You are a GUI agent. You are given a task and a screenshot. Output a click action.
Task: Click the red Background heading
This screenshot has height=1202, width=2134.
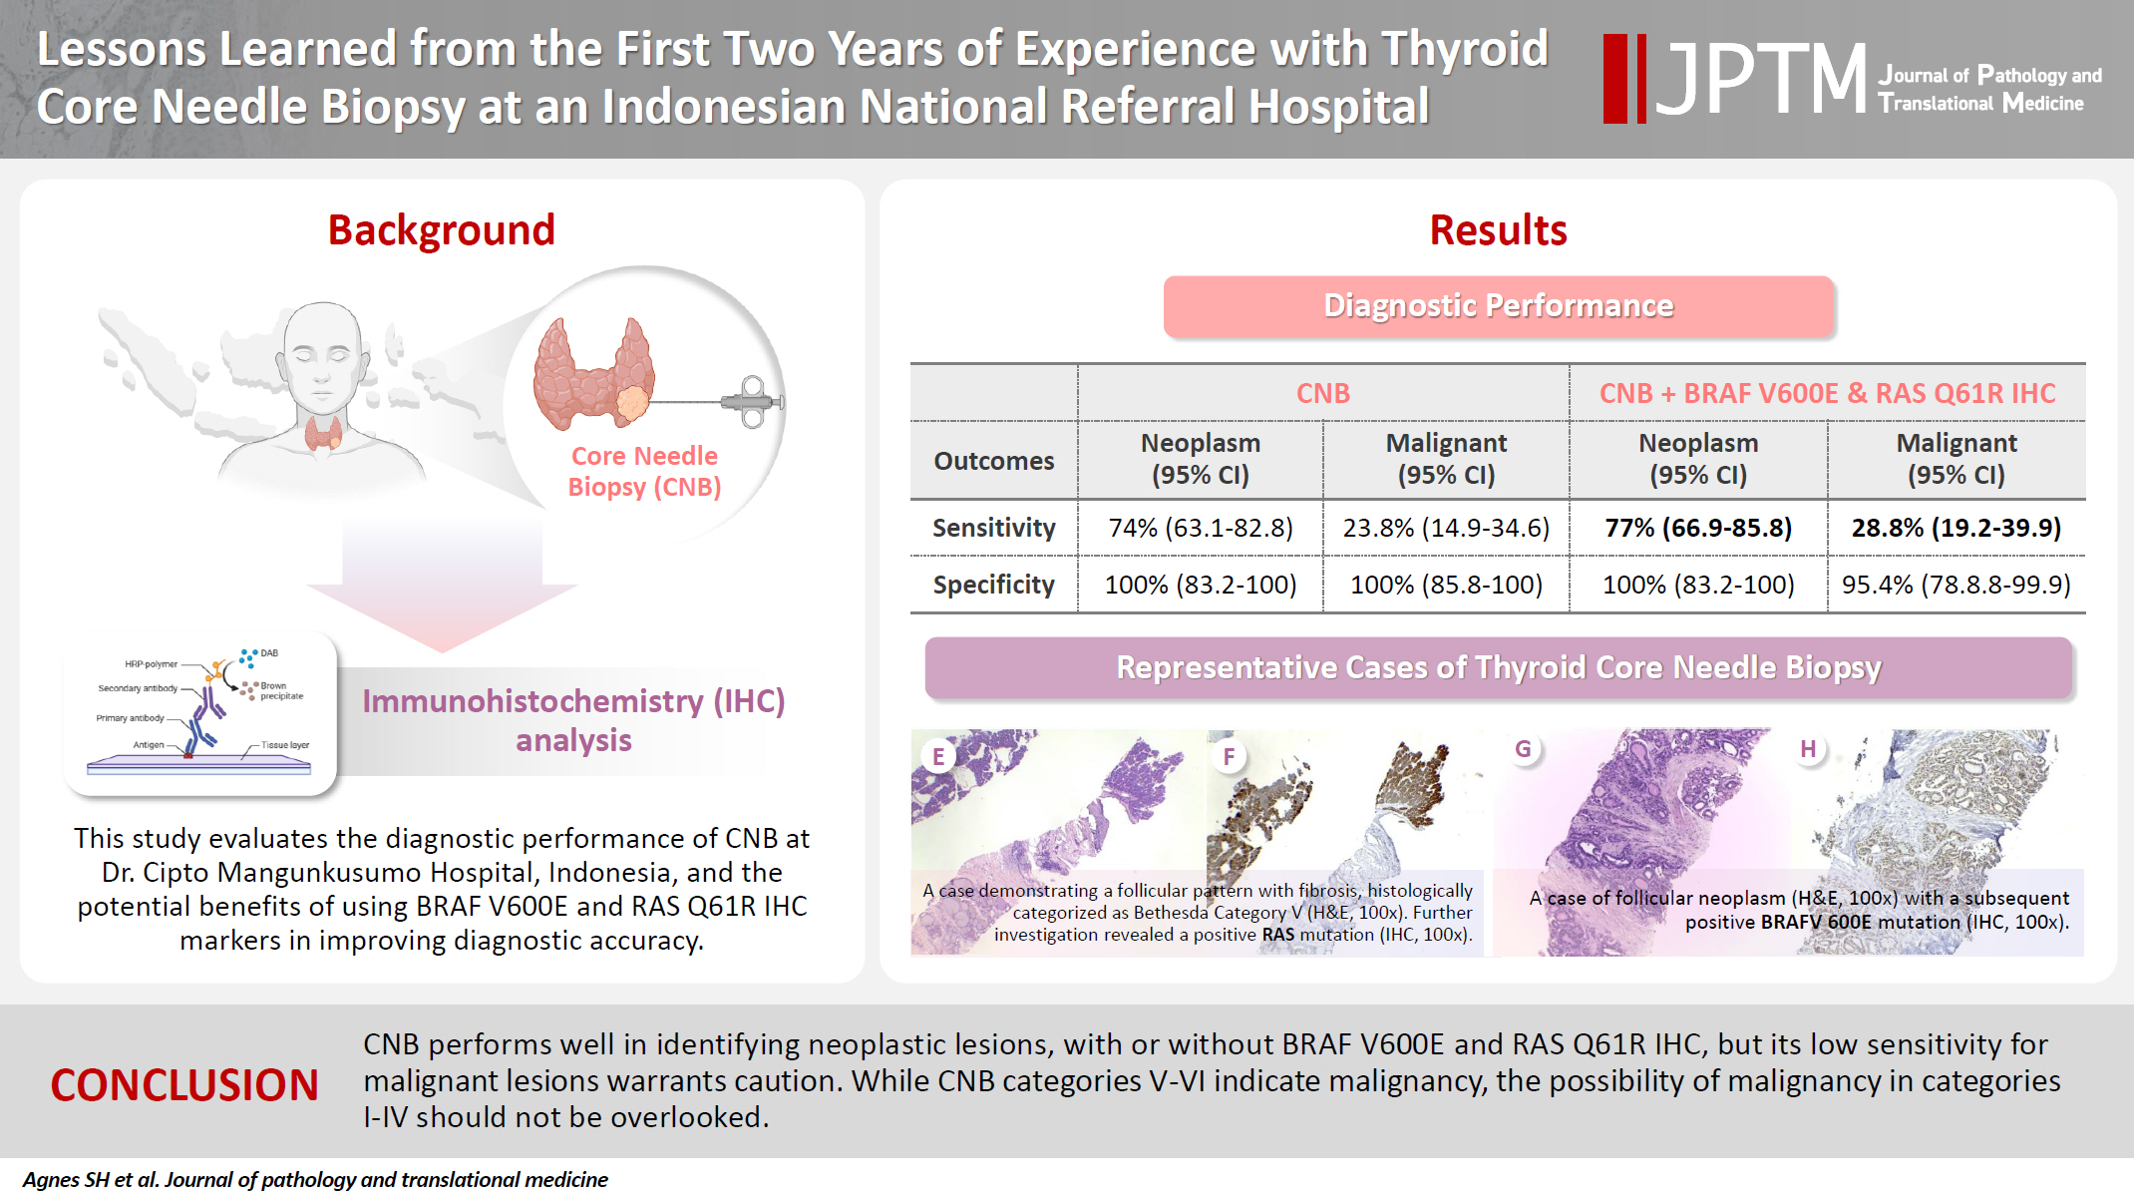(441, 230)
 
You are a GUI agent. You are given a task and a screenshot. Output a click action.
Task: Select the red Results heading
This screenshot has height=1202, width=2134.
(1498, 230)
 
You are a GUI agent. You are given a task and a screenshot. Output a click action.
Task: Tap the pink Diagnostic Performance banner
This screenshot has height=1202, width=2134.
(1498, 306)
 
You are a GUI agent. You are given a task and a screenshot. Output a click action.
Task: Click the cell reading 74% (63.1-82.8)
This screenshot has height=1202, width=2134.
(1201, 528)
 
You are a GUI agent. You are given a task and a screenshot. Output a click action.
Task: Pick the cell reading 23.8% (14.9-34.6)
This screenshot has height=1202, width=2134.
(1446, 528)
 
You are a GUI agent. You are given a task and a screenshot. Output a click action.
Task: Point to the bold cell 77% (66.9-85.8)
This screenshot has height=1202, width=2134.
(1698, 528)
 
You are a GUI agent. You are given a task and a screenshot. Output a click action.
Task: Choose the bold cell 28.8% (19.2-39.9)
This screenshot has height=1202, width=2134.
(1956, 528)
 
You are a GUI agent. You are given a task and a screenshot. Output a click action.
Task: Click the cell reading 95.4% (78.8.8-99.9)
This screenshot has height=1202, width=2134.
(1956, 585)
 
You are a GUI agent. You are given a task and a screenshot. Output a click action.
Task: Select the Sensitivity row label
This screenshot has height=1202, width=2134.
(993, 528)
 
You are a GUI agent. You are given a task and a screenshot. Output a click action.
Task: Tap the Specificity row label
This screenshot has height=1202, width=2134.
(993, 585)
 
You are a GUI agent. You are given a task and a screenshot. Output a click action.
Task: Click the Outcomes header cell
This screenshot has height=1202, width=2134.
(993, 461)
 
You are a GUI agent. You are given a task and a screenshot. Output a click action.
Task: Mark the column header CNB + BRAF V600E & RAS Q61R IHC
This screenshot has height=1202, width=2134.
(1827, 393)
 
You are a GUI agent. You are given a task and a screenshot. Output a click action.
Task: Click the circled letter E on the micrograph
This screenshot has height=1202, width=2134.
(938, 756)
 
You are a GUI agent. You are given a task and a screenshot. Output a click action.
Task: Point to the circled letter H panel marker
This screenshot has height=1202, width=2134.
(1808, 749)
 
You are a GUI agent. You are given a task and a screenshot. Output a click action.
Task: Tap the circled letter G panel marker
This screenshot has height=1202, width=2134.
(1523, 749)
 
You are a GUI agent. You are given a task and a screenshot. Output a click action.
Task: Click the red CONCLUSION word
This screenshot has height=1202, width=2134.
(184, 1085)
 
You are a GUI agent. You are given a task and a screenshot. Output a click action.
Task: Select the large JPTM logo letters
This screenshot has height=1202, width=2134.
(1760, 79)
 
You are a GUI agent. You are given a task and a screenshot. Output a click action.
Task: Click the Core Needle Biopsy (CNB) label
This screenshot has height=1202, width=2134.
(644, 471)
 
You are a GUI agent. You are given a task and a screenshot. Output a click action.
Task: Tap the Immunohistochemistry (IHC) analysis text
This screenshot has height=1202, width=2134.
(573, 720)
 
